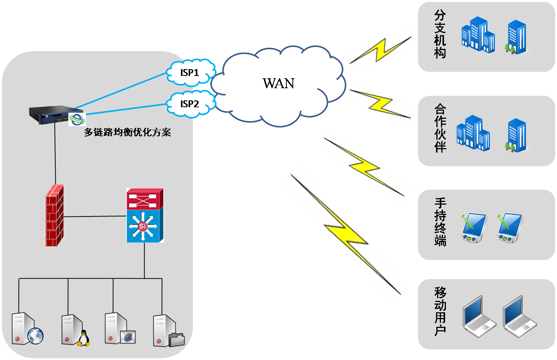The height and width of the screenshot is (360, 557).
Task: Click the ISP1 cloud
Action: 190,72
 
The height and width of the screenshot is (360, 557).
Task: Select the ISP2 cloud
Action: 190,104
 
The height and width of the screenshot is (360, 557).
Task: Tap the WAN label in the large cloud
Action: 278,84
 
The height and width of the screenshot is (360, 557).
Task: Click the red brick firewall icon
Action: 55,216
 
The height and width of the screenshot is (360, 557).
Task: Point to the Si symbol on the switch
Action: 142,226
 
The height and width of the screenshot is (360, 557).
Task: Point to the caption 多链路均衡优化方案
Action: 128,132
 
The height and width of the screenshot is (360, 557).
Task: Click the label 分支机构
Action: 440,34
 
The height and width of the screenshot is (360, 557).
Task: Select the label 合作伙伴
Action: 440,128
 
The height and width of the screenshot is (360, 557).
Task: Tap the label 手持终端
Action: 440,222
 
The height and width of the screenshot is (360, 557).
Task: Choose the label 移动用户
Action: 440,311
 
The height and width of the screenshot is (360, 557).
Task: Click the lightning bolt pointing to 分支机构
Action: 380,50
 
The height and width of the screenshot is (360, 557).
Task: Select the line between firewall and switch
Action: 95,216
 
